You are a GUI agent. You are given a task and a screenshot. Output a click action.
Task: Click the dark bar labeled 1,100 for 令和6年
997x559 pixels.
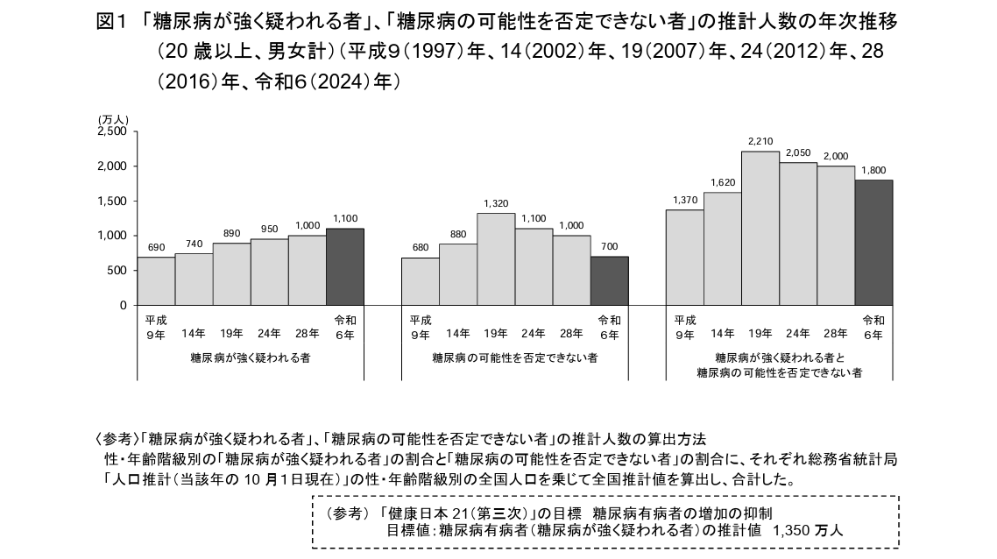pyautogui.click(x=344, y=267)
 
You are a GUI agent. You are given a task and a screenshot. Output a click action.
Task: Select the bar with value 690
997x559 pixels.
pyautogui.click(x=156, y=281)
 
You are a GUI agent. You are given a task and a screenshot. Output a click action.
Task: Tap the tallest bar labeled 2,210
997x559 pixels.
pyautogui.click(x=760, y=228)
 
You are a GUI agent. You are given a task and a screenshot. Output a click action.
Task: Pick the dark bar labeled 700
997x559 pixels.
pyautogui.click(x=609, y=281)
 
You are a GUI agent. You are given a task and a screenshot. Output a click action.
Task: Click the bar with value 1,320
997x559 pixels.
pyautogui.click(x=496, y=259)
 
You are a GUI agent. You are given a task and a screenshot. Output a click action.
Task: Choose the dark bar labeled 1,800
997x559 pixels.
pyautogui.click(x=873, y=243)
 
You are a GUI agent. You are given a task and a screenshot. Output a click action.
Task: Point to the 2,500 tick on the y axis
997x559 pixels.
pyautogui.click(x=111, y=131)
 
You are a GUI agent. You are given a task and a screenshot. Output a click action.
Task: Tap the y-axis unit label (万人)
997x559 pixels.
pyautogui.click(x=113, y=119)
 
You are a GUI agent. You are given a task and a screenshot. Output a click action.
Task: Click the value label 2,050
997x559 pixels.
pyautogui.click(x=798, y=153)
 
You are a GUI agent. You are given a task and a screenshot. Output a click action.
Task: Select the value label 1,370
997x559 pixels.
pyautogui.click(x=685, y=201)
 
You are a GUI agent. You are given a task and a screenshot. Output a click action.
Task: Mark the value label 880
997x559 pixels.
pyautogui.click(x=458, y=234)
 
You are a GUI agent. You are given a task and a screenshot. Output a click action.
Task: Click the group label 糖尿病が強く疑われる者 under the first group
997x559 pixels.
pyautogui.click(x=251, y=358)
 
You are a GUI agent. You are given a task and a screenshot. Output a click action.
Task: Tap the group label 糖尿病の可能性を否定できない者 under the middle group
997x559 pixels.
pyautogui.click(x=515, y=358)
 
